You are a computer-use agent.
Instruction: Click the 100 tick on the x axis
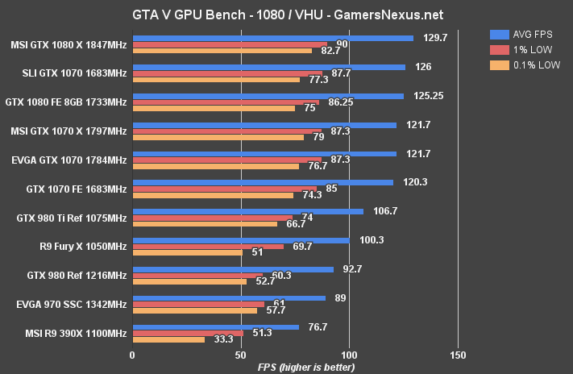tap(349, 354)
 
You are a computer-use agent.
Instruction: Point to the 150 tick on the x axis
tap(458, 354)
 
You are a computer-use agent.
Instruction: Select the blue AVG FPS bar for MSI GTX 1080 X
tap(272, 38)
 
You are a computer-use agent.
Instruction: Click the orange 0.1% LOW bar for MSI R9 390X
tap(168, 339)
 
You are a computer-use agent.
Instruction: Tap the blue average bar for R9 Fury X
tap(240, 240)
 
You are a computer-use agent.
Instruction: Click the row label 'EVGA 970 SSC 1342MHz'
tap(72, 304)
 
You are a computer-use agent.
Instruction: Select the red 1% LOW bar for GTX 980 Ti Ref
tap(212, 218)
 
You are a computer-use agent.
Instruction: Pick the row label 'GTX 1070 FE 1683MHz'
tap(77, 189)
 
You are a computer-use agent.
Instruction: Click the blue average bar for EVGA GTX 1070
tap(264, 153)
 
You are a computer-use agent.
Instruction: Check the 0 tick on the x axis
tap(132, 354)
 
